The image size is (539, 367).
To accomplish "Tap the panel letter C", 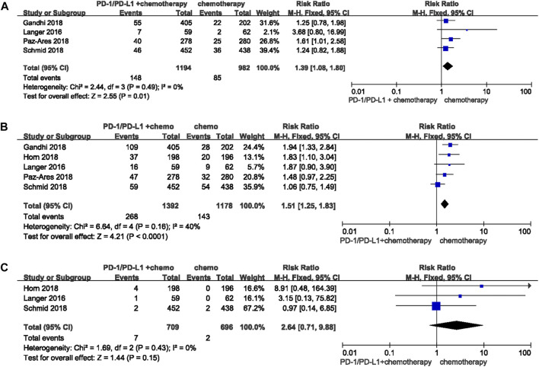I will tap(6, 247).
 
